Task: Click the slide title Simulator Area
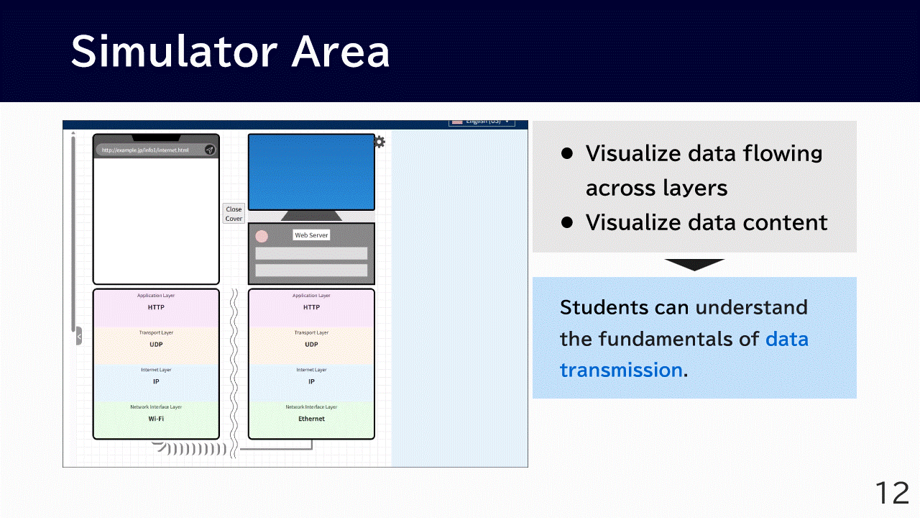(230, 52)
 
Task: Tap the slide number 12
(892, 494)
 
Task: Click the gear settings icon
(379, 142)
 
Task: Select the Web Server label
(311, 235)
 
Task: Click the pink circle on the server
(262, 236)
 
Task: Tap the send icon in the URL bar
(209, 150)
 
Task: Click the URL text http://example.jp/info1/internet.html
(145, 150)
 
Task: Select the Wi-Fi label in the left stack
(156, 419)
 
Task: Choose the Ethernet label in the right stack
(311, 419)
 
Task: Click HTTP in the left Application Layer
(156, 307)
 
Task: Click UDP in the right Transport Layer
(311, 345)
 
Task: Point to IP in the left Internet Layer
(156, 381)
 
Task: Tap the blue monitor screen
(311, 172)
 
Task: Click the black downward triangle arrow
(694, 264)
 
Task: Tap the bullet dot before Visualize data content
(566, 222)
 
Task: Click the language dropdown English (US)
(482, 122)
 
